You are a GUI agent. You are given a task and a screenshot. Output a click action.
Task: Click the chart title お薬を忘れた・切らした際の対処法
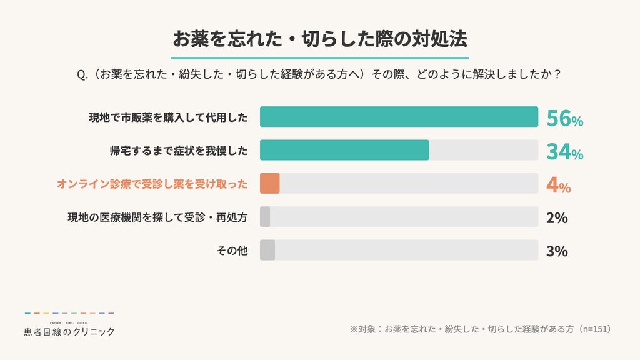[x=319, y=39]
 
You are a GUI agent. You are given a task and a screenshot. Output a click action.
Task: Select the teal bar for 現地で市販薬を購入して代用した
[x=399, y=117]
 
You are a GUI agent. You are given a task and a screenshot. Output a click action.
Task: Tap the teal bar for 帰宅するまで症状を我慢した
[x=344, y=150]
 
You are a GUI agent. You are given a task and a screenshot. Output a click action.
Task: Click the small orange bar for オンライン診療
[x=270, y=183]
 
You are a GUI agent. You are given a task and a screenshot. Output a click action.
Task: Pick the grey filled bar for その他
[x=267, y=250]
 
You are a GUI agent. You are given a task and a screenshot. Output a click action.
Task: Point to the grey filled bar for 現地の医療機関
[x=265, y=217]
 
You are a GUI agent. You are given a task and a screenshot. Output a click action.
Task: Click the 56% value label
[x=564, y=118]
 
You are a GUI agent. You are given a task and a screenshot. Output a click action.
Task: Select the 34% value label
[x=564, y=152]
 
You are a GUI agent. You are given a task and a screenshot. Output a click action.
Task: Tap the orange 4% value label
[x=558, y=185]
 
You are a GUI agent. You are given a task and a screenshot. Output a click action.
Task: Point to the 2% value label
[x=557, y=218]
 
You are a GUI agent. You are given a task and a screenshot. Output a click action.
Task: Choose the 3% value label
[x=557, y=251]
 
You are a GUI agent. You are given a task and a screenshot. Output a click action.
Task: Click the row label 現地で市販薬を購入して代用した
[x=168, y=117]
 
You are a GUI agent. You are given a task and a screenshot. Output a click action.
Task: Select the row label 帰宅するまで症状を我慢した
[x=179, y=151]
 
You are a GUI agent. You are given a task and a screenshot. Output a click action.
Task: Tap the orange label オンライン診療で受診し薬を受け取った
[x=152, y=184]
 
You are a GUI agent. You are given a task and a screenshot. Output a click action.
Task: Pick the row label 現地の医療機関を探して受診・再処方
[x=157, y=217]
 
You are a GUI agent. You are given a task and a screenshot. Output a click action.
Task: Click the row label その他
[x=232, y=251]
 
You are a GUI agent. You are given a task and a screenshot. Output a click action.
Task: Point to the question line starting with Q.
[x=319, y=74]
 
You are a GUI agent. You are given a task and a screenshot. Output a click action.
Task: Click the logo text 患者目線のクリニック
[x=69, y=332]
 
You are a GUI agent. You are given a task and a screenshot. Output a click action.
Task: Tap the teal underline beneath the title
[x=319, y=57]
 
